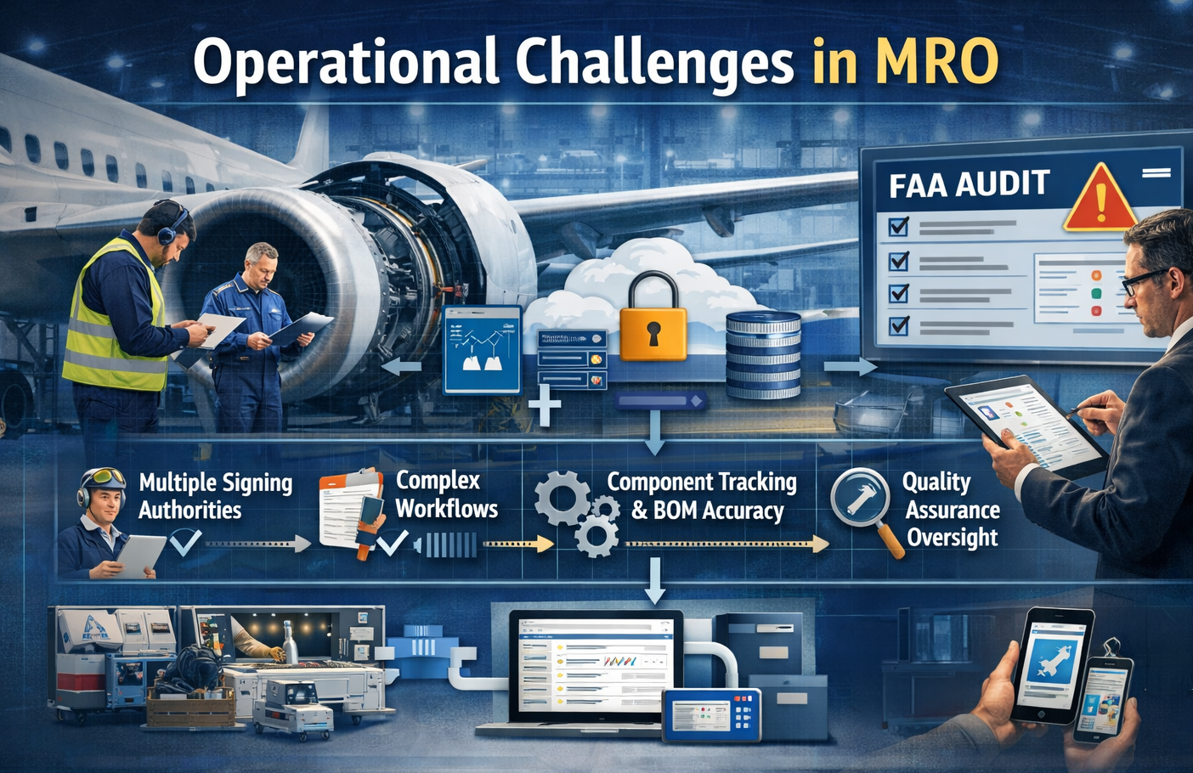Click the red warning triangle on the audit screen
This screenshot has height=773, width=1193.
tap(1100, 199)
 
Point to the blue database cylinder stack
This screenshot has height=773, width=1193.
tap(763, 355)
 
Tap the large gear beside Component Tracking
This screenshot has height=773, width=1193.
tap(563, 498)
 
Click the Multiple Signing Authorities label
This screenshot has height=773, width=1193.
tap(215, 496)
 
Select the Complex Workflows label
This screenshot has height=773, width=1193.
tap(446, 494)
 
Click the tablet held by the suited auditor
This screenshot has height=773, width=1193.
tap(1025, 426)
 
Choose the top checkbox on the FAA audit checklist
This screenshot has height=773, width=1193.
tap(898, 227)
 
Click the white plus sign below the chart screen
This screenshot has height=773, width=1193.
tap(544, 406)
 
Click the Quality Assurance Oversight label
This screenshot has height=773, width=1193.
tap(950, 509)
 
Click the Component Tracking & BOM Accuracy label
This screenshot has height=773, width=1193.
tap(703, 495)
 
